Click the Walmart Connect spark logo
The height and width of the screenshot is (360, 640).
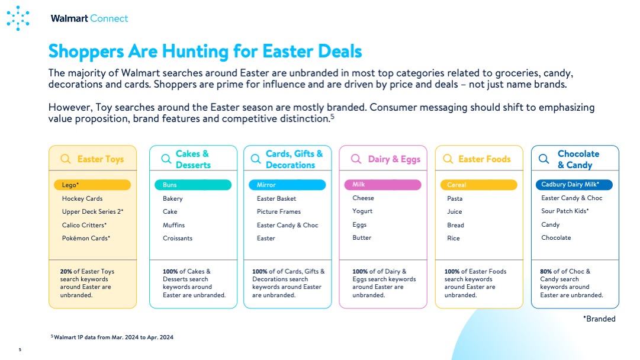pyautogui.click(x=18, y=18)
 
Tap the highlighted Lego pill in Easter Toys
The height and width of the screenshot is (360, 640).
pyautogui.click(x=92, y=185)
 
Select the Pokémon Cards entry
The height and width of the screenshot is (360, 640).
pyautogui.click(x=86, y=238)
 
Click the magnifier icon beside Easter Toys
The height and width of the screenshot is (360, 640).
pyautogui.click(x=66, y=159)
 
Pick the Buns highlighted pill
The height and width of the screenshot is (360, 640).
pyautogui.click(x=192, y=185)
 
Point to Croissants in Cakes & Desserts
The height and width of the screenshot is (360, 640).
pyautogui.click(x=178, y=238)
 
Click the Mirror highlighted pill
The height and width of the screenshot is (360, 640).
pyautogui.click(x=287, y=185)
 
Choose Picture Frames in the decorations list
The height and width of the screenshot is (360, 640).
pyautogui.click(x=279, y=211)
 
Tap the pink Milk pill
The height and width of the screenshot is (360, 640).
pyautogui.click(x=383, y=185)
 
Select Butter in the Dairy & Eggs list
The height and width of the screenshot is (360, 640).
pyautogui.click(x=362, y=237)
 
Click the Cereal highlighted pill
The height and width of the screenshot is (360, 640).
pyautogui.click(x=479, y=185)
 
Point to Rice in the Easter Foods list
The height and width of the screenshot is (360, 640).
pyautogui.click(x=454, y=238)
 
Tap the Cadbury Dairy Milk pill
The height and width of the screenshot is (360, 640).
pyautogui.click(x=574, y=185)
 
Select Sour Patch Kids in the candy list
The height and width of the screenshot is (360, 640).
pyautogui.click(x=565, y=211)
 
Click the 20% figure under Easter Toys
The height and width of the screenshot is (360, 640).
pyautogui.click(x=66, y=271)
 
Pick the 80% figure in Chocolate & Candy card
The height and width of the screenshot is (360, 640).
pyautogui.click(x=546, y=271)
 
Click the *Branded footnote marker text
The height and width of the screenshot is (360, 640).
pyautogui.click(x=599, y=319)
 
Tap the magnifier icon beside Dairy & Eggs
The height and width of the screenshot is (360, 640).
pyautogui.click(x=356, y=159)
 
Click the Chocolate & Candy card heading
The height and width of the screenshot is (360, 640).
pyautogui.click(x=579, y=159)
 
